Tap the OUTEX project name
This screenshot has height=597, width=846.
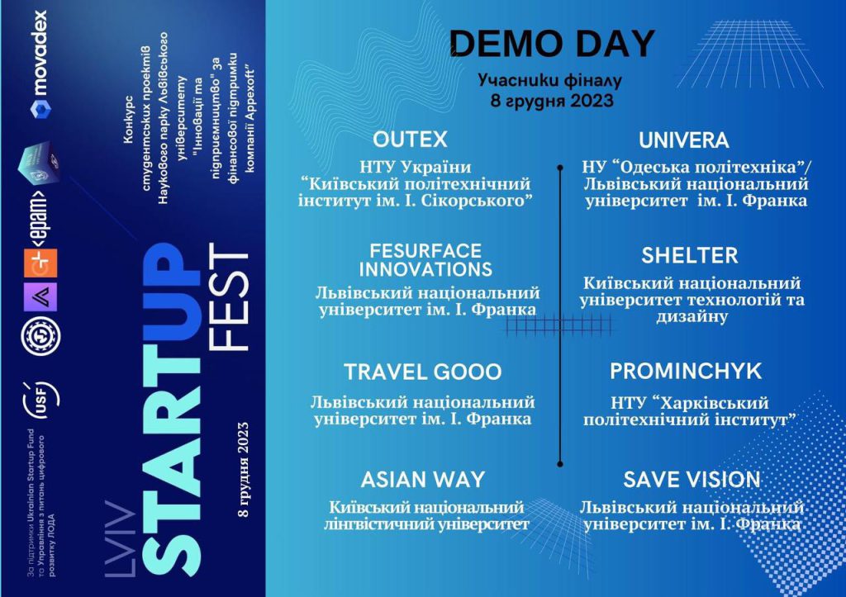[x=410, y=140]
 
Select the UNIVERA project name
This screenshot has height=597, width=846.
[x=683, y=140]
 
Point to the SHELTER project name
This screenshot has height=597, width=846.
[x=690, y=256]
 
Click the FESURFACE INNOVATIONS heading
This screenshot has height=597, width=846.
[x=425, y=260]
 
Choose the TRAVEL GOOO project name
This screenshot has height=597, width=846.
[x=423, y=372]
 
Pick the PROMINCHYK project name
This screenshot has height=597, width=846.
[x=686, y=371]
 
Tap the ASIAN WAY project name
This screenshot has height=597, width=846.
[x=423, y=480]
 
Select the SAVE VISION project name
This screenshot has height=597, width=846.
[x=692, y=480]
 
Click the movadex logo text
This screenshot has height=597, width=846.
[x=39, y=54]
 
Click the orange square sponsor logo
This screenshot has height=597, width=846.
[x=40, y=263]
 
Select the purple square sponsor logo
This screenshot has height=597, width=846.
[x=40, y=296]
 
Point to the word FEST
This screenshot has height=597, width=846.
[x=228, y=297]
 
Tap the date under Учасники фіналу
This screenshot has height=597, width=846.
[x=552, y=100]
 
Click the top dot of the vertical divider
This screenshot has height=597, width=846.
[x=560, y=168]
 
